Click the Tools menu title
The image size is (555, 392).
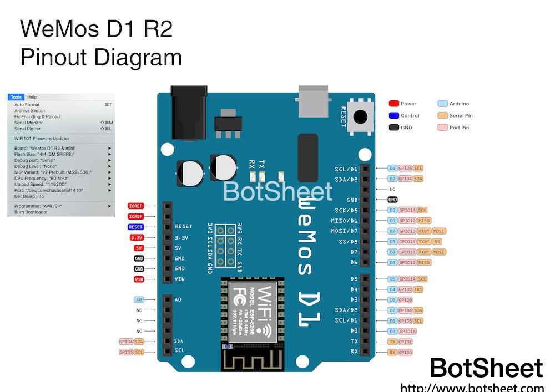16,97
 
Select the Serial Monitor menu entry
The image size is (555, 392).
28,123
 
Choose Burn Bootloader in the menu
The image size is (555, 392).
31,212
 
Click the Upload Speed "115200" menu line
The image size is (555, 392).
41,184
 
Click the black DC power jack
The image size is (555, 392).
189,105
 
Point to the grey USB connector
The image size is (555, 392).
314,100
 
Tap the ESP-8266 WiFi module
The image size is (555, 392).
253,314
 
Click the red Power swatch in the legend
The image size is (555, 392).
394,104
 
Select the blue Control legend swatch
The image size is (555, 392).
394,116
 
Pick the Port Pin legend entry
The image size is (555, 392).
459,128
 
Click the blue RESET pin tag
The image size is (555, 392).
136,227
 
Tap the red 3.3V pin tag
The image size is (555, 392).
137,237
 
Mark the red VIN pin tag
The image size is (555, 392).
139,279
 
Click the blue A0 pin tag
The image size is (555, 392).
139,299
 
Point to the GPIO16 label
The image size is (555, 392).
407,331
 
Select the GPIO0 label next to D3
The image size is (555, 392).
406,300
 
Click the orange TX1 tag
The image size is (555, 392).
418,289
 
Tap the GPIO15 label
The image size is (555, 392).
407,242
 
